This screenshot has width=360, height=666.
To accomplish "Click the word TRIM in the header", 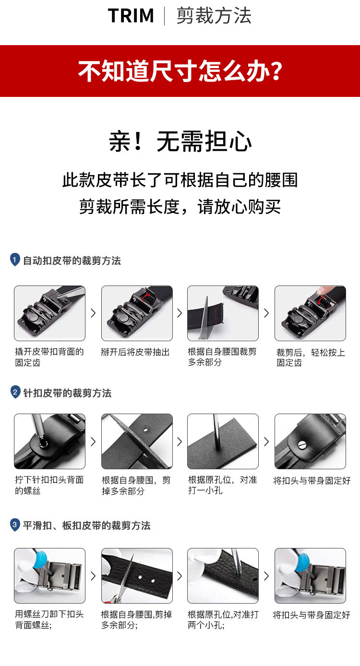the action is point(131,15).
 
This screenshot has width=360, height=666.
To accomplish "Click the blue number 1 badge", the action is point(15,260).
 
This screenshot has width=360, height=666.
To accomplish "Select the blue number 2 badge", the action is point(15,392).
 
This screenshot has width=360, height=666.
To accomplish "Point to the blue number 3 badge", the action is point(15,524).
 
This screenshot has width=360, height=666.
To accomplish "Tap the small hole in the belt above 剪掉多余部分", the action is point(145,429).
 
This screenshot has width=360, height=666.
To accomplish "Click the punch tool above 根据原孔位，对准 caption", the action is point(217,431).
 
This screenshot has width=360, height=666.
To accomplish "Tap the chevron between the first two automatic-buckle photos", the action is point(93,313).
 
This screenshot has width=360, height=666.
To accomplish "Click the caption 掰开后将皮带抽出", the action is point(135,352).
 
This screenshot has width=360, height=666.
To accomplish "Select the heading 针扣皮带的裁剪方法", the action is point(67,393).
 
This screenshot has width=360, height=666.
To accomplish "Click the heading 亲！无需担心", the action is point(180,141).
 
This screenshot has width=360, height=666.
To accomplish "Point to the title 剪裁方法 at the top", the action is point(214,15).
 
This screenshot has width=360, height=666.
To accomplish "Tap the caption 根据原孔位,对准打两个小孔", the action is point(223,619).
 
